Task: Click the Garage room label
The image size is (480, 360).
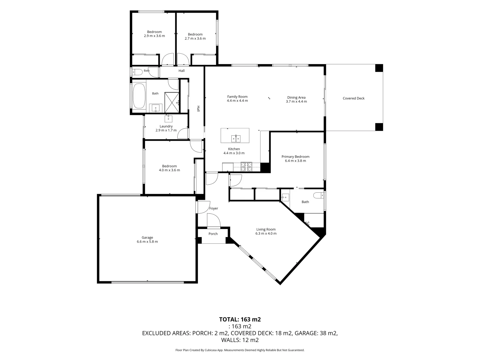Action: (147, 237)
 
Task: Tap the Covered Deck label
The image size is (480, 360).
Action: (353, 98)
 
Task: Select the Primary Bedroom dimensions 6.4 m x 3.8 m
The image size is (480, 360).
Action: (295, 161)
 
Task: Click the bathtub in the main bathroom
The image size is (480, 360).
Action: (139, 96)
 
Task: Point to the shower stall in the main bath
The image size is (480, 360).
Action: (172, 102)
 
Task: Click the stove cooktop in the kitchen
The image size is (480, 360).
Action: (246, 167)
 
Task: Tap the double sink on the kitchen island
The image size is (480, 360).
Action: (236, 139)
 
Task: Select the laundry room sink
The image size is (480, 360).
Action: (168, 118)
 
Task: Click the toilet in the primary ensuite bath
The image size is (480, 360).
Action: (318, 195)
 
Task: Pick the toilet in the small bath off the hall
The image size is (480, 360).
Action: (138, 72)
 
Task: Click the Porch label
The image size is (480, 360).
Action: (213, 234)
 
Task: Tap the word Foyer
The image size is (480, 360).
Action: (214, 208)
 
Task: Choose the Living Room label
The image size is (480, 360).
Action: (266, 229)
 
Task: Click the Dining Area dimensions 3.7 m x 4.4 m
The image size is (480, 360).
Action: (296, 101)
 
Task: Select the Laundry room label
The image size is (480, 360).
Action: (166, 126)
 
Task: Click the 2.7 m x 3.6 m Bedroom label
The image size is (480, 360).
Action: (195, 36)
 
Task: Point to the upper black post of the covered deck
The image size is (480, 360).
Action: (379, 68)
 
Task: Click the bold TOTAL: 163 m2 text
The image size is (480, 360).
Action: (240, 319)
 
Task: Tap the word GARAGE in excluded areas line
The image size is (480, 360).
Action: (305, 333)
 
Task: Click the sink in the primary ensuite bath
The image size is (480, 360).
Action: (285, 197)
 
